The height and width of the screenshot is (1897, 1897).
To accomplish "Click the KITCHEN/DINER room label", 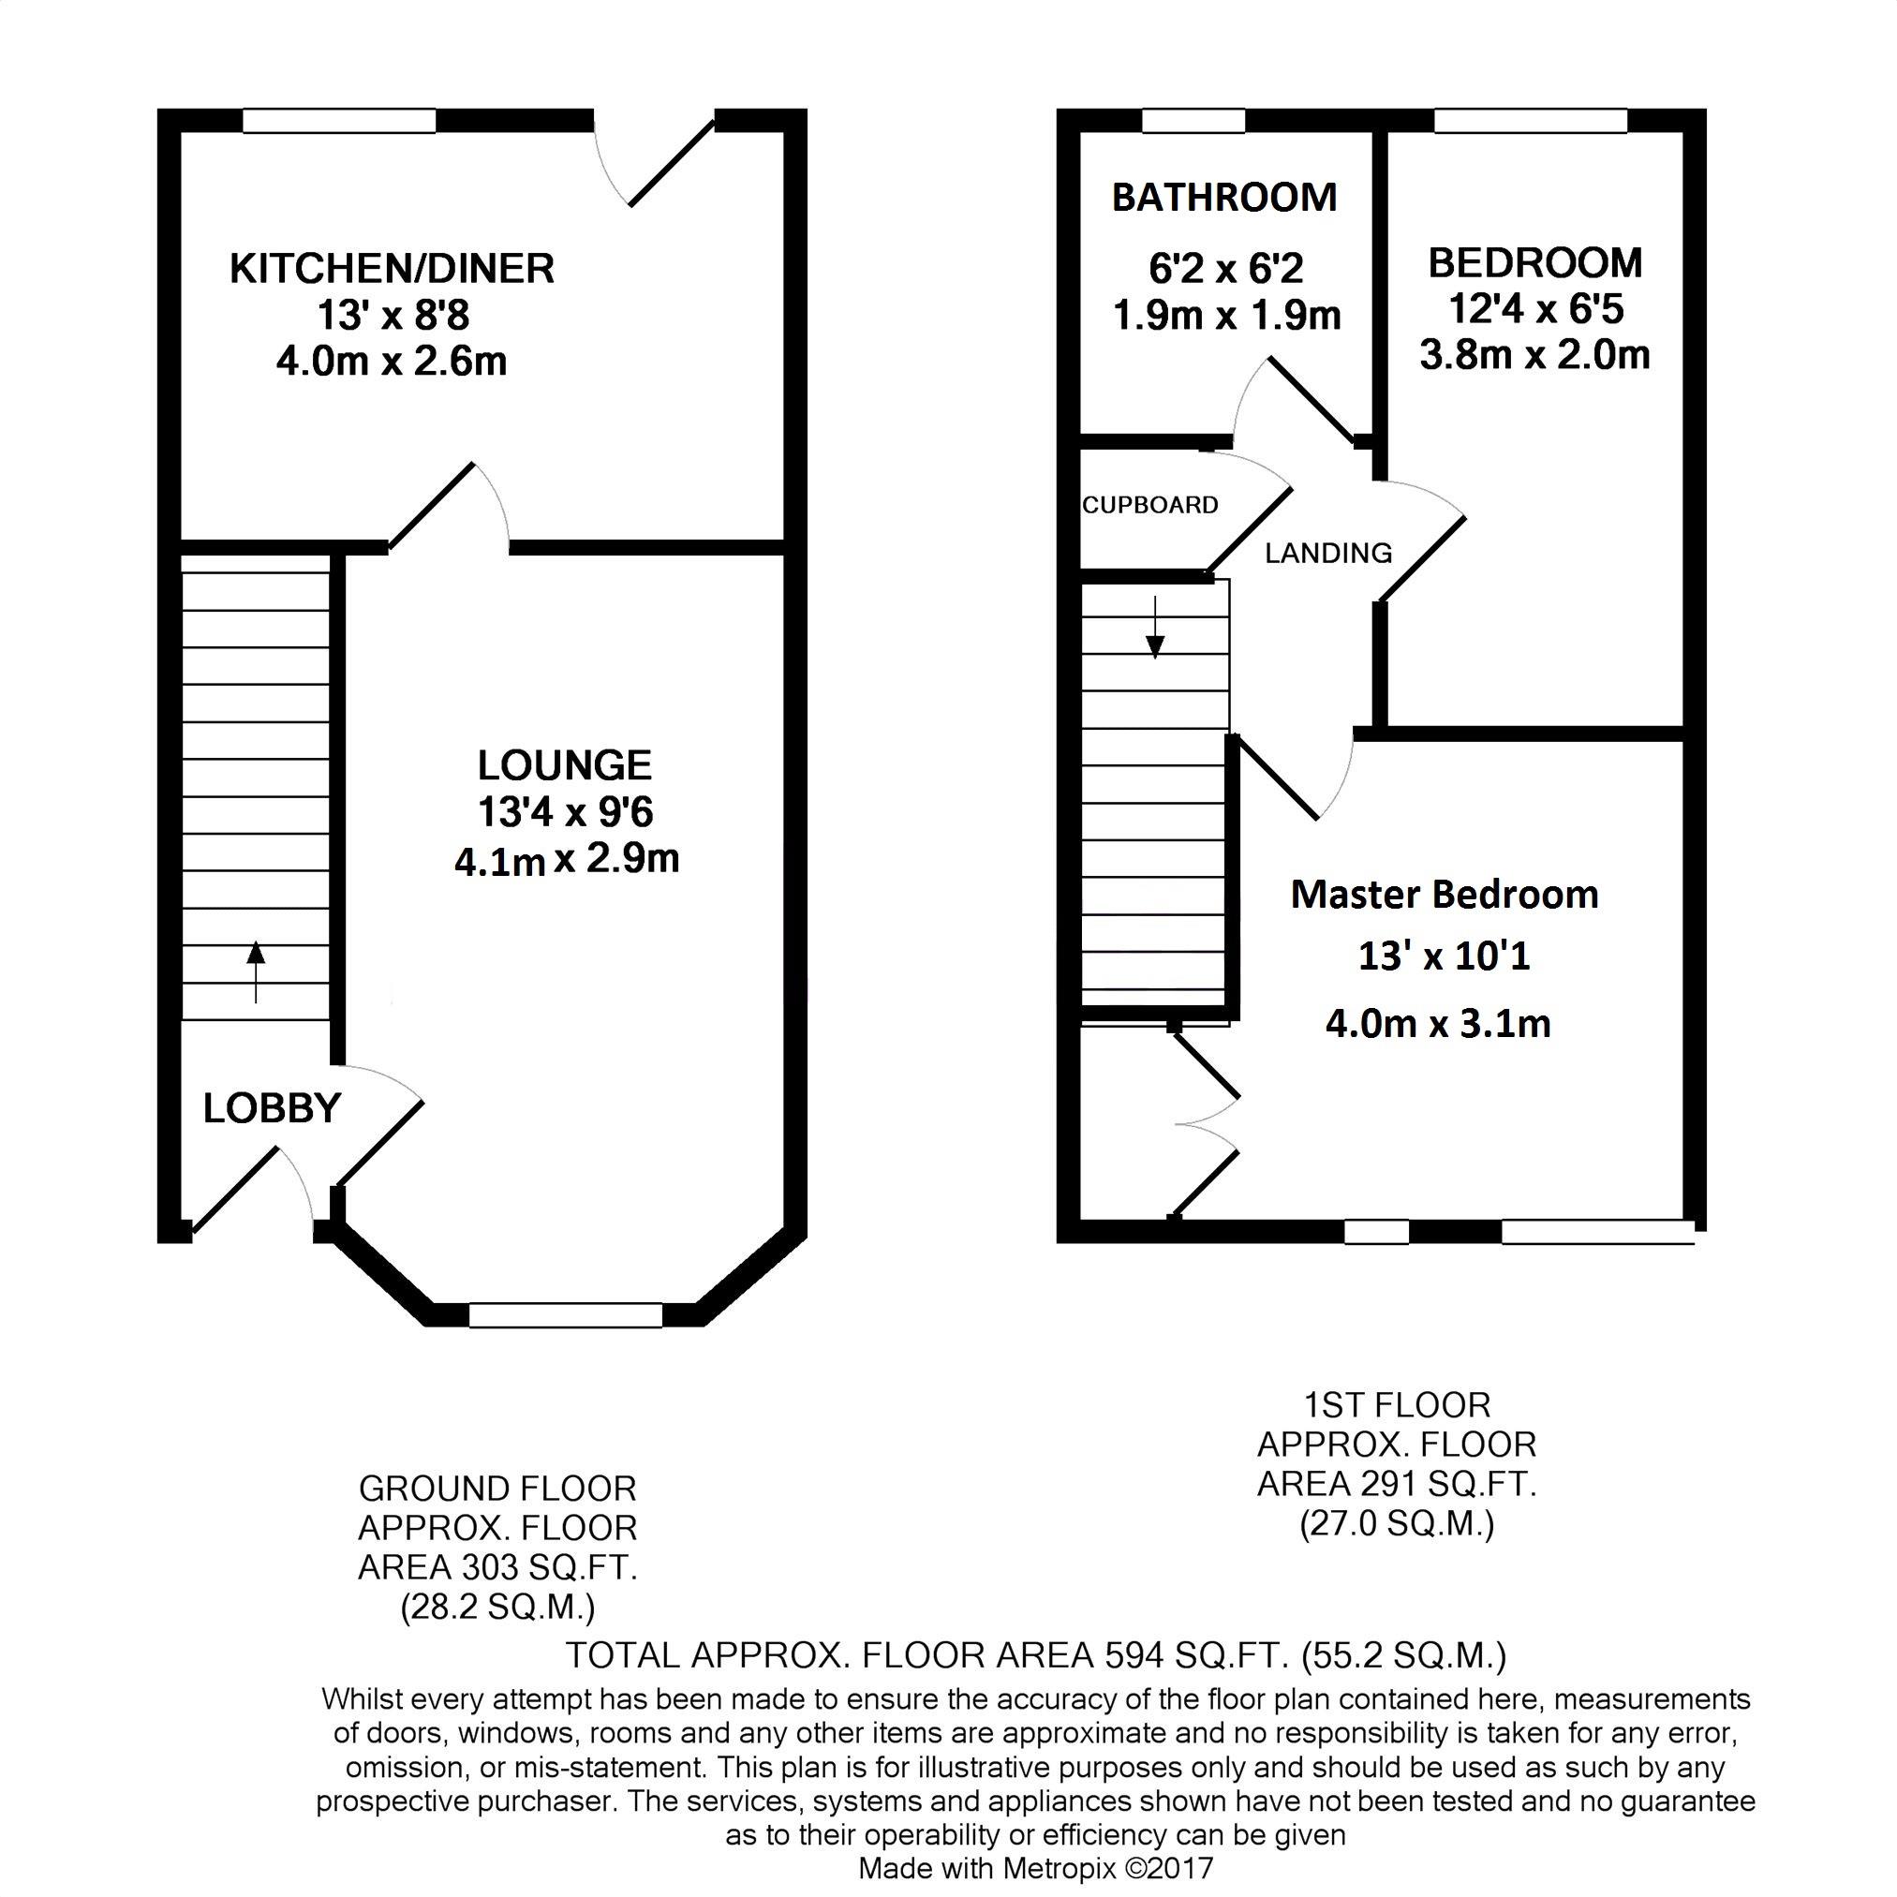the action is (x=392, y=269).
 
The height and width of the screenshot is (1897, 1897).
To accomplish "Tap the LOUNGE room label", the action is (x=565, y=764).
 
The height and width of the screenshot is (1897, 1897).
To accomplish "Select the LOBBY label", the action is (x=272, y=1108).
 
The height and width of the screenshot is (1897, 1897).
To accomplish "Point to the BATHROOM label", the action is (x=1224, y=198).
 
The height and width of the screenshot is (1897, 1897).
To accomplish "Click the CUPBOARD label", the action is (x=1149, y=505).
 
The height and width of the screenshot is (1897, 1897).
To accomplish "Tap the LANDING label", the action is (x=1328, y=554).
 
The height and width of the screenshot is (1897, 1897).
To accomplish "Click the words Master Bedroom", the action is (x=1445, y=895).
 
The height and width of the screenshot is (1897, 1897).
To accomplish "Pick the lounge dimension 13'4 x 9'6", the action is (x=566, y=812).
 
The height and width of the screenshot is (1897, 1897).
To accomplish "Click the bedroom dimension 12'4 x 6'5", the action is (x=1535, y=309).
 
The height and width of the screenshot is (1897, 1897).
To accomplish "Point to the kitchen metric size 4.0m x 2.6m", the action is (x=392, y=362).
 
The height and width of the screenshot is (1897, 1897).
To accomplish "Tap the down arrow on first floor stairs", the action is (x=1156, y=627).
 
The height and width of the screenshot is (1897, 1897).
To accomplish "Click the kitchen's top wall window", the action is (x=339, y=121).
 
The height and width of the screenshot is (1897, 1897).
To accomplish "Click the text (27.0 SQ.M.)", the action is (x=1397, y=1524).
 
